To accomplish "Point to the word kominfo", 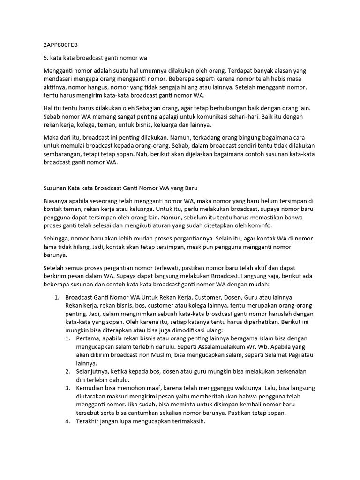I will click(x=239, y=226).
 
